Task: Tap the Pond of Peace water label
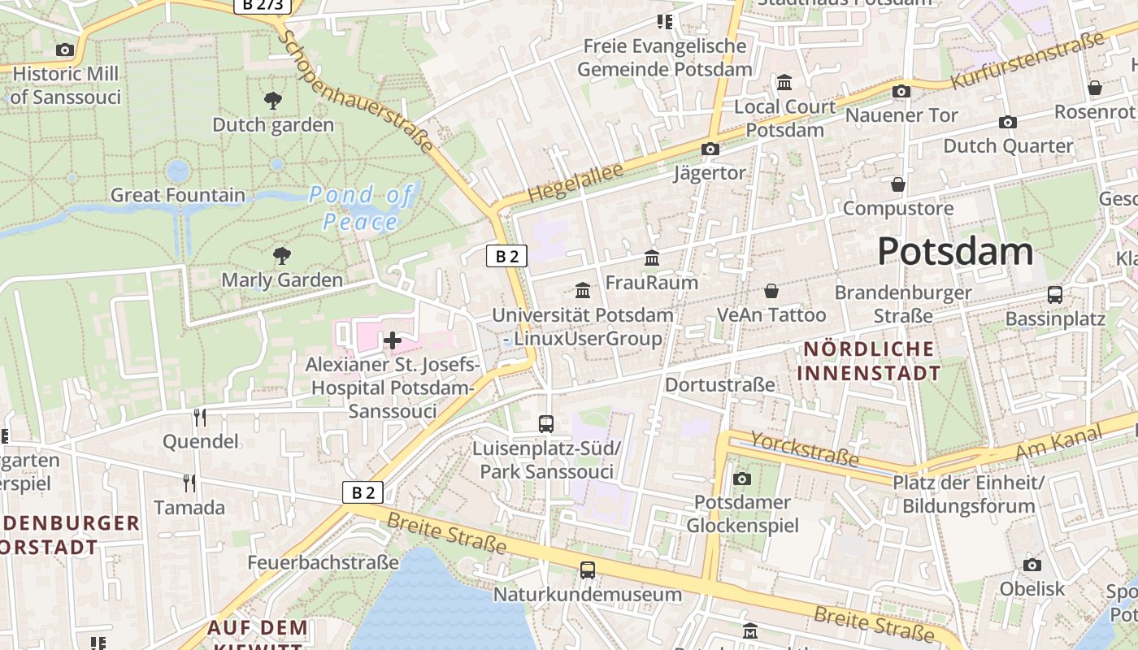click(361, 208)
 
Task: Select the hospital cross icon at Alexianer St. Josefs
click(393, 340)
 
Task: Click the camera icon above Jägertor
click(710, 149)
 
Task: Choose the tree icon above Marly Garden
click(282, 256)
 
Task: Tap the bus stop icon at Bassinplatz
click(1054, 294)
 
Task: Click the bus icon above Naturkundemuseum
click(588, 570)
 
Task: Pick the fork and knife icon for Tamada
click(189, 483)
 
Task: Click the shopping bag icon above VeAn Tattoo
click(771, 290)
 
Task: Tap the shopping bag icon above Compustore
click(897, 184)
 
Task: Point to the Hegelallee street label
click(575, 183)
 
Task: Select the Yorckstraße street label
click(804, 448)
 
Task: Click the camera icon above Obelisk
click(1032, 565)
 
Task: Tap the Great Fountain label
click(177, 195)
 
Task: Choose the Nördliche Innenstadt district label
click(870, 361)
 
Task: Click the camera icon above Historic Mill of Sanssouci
click(65, 50)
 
